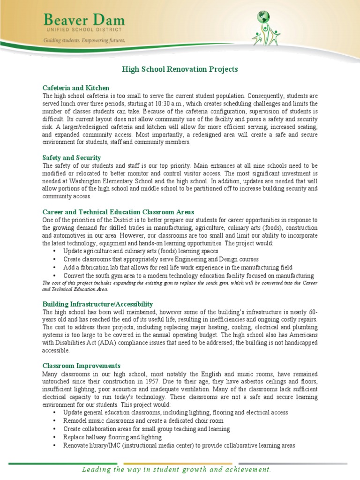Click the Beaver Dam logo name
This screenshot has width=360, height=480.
pos(84,20)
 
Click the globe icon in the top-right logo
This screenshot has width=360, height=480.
pos(264,18)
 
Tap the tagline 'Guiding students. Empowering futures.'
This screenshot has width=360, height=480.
pos(84,41)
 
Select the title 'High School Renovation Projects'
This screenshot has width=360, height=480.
pos(180,69)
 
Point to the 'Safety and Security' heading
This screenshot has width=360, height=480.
pos(71,158)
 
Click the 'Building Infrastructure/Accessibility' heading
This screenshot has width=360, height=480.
pos(97,304)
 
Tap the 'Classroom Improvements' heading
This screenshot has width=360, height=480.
pos(81,366)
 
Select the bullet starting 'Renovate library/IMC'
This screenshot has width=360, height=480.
pos(179,445)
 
